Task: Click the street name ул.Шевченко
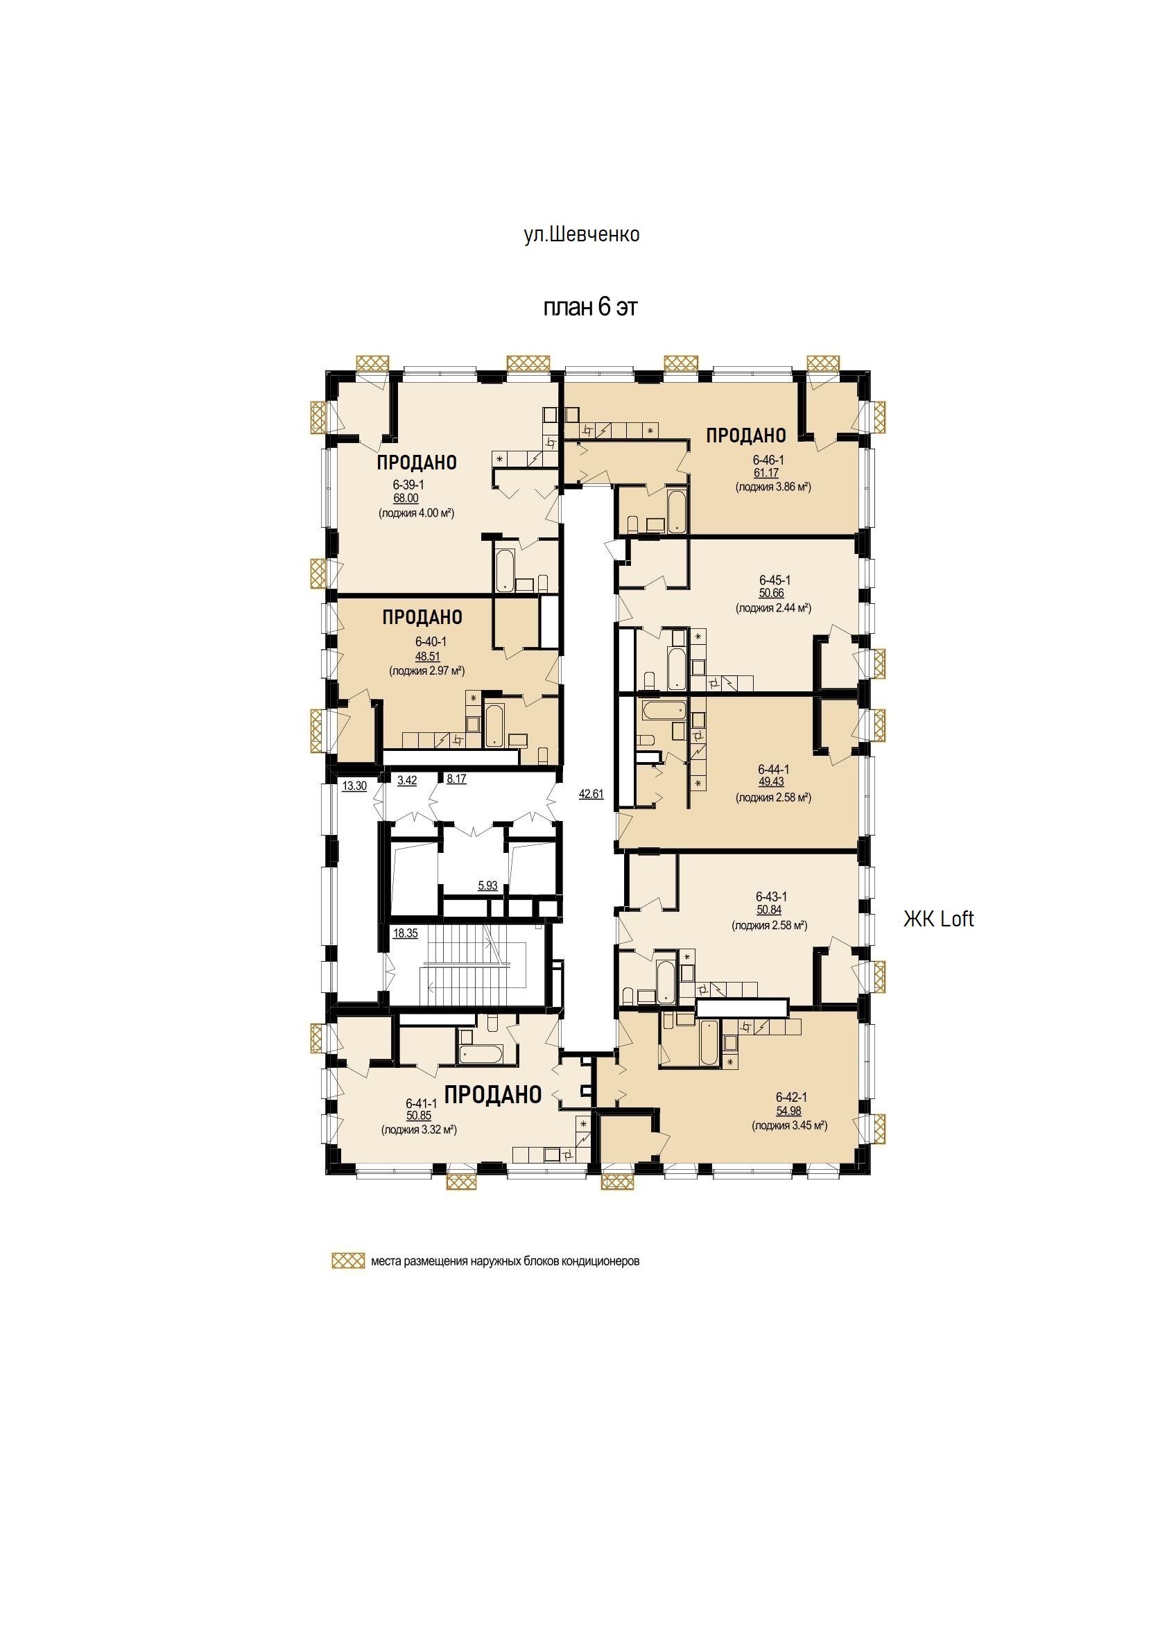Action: click(x=582, y=234)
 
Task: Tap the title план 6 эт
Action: click(x=589, y=307)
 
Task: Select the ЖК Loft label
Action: click(x=938, y=919)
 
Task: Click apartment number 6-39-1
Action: click(x=408, y=485)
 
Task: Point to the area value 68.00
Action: click(x=406, y=499)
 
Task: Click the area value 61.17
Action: click(x=766, y=472)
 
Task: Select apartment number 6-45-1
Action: click(x=775, y=580)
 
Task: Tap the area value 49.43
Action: click(x=771, y=781)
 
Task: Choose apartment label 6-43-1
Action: click(x=772, y=897)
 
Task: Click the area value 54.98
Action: click(x=789, y=1111)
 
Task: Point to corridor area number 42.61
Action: click(x=591, y=794)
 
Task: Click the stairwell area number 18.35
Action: click(x=405, y=933)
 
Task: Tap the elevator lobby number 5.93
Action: click(x=487, y=885)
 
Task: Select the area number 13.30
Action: click(x=354, y=786)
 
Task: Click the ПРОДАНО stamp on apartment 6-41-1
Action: click(x=492, y=1094)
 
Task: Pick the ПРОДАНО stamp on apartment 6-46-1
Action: click(x=745, y=435)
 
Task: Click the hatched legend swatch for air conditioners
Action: click(x=348, y=1281)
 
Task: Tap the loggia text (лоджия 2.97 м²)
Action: click(x=427, y=671)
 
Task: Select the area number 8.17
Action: click(x=456, y=779)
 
